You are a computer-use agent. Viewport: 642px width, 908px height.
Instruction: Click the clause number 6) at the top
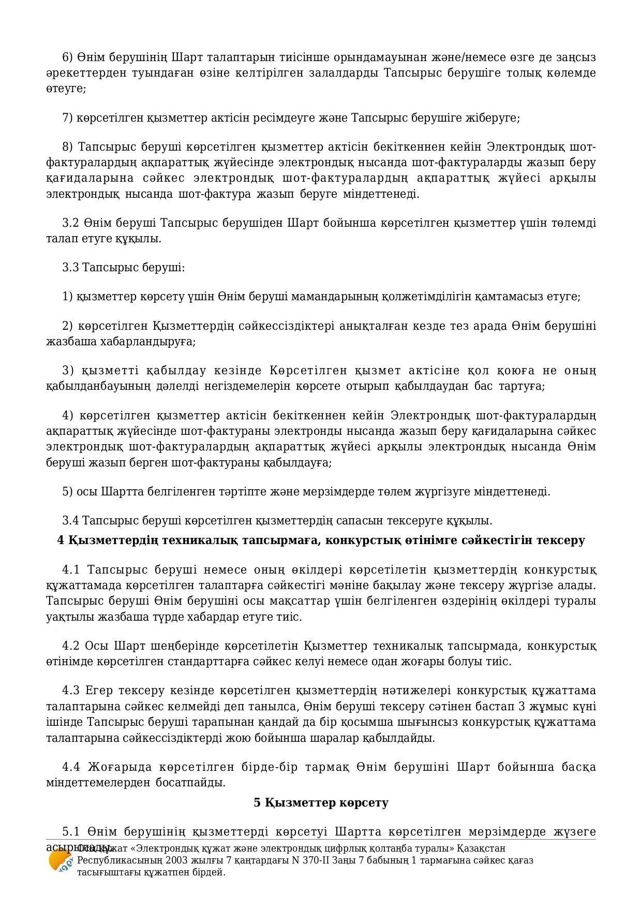click(68, 57)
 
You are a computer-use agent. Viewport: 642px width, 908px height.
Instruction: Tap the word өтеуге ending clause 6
click(65, 89)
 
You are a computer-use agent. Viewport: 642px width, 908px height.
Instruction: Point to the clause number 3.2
click(70, 223)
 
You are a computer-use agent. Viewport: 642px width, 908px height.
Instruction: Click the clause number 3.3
click(70, 268)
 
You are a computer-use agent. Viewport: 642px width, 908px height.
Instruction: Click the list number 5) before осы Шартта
click(68, 491)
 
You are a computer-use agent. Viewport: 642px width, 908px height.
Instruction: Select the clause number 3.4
click(70, 520)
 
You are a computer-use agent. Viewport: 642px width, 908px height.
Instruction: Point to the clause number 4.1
click(71, 570)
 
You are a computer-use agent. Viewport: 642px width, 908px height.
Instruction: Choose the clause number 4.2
click(71, 646)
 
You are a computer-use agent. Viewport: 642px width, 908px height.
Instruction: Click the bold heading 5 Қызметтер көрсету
click(321, 802)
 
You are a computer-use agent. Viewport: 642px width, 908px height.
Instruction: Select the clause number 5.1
click(71, 832)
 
